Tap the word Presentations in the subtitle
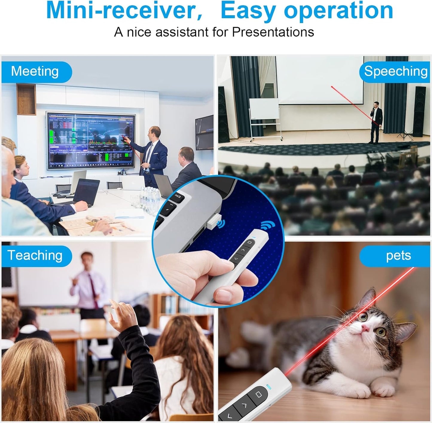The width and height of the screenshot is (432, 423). tap(273, 32)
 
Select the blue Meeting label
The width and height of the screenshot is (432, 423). tap(35, 72)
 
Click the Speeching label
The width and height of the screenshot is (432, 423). tap(395, 72)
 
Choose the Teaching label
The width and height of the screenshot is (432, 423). tap(35, 256)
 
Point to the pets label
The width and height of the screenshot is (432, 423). tap(398, 256)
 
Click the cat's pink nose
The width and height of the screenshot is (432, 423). tap(365, 328)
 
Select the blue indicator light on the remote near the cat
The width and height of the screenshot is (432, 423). tap(269, 387)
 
